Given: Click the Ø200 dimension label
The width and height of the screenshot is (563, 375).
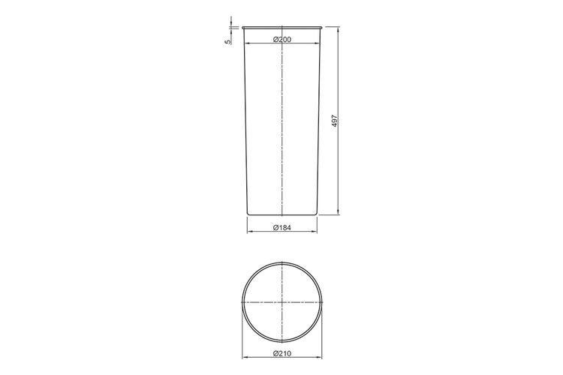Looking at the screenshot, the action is pyautogui.click(x=282, y=40).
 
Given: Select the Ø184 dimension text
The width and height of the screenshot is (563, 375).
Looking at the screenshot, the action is pyautogui.click(x=282, y=227).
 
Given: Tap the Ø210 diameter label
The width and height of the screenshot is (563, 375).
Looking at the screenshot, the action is pyautogui.click(x=282, y=353).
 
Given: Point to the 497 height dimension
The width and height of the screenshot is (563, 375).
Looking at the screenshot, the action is pyautogui.click(x=335, y=121).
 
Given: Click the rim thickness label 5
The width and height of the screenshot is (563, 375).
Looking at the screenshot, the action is pyautogui.click(x=227, y=42).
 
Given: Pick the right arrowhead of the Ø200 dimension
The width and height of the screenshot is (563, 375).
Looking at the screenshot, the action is pyautogui.click(x=317, y=43).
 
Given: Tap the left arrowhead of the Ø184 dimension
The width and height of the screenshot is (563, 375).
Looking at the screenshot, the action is pyautogui.click(x=250, y=232).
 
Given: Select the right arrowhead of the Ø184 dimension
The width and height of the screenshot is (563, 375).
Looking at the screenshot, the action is pyautogui.click(x=315, y=232).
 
